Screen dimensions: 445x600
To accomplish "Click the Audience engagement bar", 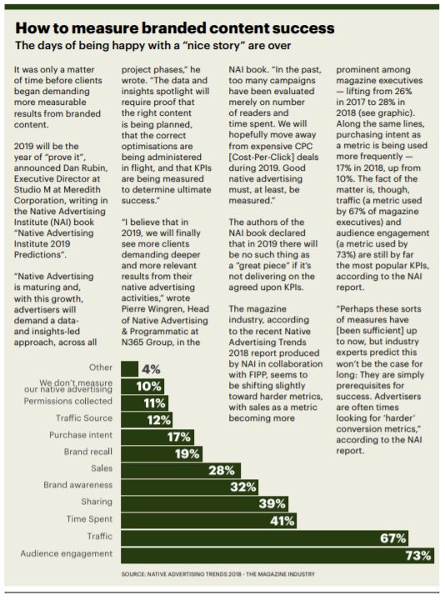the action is (x=277, y=555).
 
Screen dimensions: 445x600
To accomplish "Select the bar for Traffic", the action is (x=264, y=538).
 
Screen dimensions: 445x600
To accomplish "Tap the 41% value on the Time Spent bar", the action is (x=282, y=521).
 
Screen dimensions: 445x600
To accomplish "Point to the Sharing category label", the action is (x=97, y=502).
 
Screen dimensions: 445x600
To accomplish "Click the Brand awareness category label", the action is (x=78, y=485).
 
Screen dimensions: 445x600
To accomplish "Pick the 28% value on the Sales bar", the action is (x=221, y=470).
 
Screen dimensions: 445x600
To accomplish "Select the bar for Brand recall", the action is (x=162, y=454).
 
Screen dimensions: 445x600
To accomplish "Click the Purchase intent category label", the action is (x=81, y=435).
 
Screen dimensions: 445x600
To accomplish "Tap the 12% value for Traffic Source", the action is (x=159, y=420).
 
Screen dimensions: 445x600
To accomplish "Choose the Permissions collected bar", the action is (x=144, y=403).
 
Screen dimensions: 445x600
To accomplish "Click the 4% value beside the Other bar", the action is (x=151, y=369).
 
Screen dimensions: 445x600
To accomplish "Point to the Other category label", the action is (x=101, y=367).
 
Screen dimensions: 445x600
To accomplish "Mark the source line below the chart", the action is (x=218, y=574).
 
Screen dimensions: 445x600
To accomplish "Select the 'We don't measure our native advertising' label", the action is (x=68, y=386).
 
